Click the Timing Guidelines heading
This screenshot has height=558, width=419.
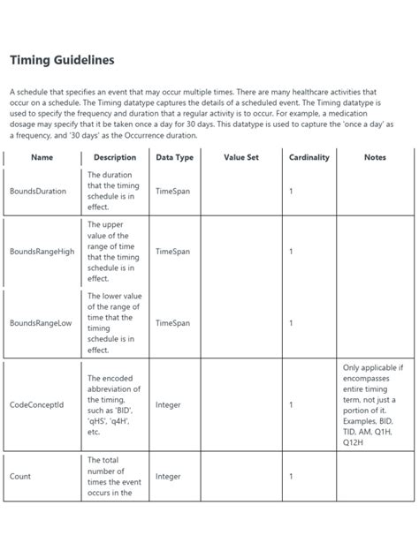pos(61,60)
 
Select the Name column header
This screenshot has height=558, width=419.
pos(42,157)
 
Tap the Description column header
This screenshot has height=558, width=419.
pos(115,157)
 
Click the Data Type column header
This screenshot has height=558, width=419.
pos(175,157)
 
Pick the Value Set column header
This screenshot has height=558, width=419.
pos(240,157)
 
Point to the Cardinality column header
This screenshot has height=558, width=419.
pos(309,157)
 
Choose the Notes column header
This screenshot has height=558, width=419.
pos(375,157)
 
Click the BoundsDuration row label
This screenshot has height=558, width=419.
pos(37,191)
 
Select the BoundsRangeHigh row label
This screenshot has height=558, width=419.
pos(42,252)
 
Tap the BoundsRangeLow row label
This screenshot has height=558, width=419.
pos(41,323)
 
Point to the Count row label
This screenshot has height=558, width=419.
pos(20,477)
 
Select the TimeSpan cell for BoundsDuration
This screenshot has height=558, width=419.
pos(172,191)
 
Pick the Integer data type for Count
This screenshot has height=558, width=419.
pos(168,477)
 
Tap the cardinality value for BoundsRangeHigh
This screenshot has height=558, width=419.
pos(291,252)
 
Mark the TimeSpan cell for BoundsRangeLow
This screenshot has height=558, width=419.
pos(172,323)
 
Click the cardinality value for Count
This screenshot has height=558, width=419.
pos(291,477)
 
